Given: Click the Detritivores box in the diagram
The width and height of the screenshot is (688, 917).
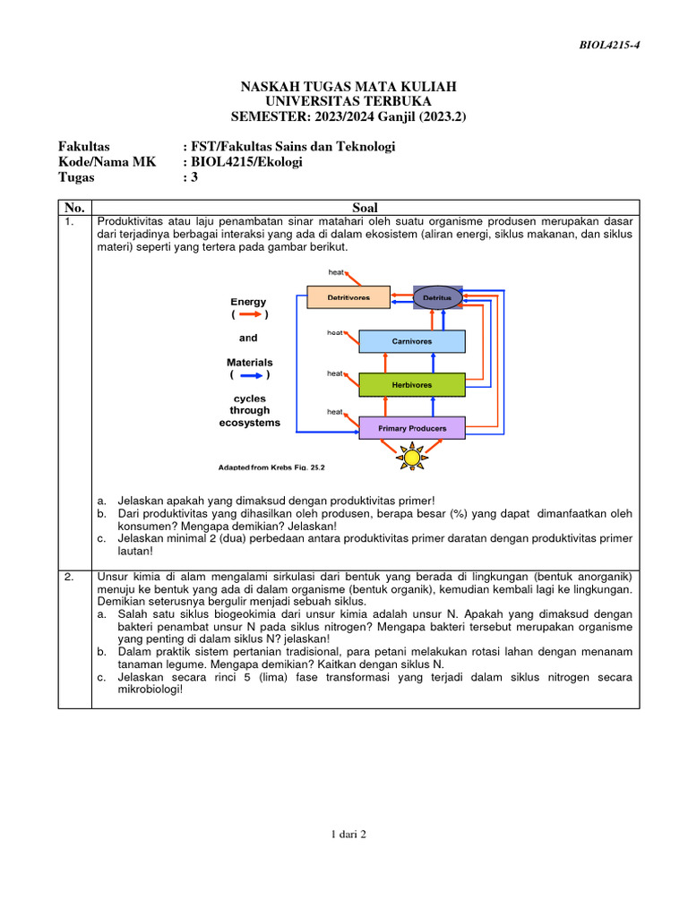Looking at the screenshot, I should (x=349, y=296).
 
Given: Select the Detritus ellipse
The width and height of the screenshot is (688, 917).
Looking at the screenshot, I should (x=437, y=296).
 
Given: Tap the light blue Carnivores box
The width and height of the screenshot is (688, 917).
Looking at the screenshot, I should (x=411, y=341).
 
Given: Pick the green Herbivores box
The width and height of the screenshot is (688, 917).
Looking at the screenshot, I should (x=411, y=385).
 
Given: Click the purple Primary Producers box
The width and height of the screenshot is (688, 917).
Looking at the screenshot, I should (x=411, y=428).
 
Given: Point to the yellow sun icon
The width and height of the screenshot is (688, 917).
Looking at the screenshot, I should (x=411, y=457).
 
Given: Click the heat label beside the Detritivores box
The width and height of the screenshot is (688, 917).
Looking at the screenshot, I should (x=336, y=271).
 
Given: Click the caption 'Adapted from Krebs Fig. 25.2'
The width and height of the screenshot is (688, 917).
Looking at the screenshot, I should (x=271, y=467).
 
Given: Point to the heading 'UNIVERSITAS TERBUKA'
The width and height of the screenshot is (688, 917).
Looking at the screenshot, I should (x=348, y=101).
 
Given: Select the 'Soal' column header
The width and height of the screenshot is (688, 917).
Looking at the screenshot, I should (x=365, y=208).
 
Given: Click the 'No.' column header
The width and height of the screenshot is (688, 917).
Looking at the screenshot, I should (x=74, y=208).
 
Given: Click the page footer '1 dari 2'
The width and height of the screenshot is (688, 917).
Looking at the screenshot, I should (x=348, y=834).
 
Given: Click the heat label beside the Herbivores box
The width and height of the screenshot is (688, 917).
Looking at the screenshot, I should (x=334, y=373).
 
